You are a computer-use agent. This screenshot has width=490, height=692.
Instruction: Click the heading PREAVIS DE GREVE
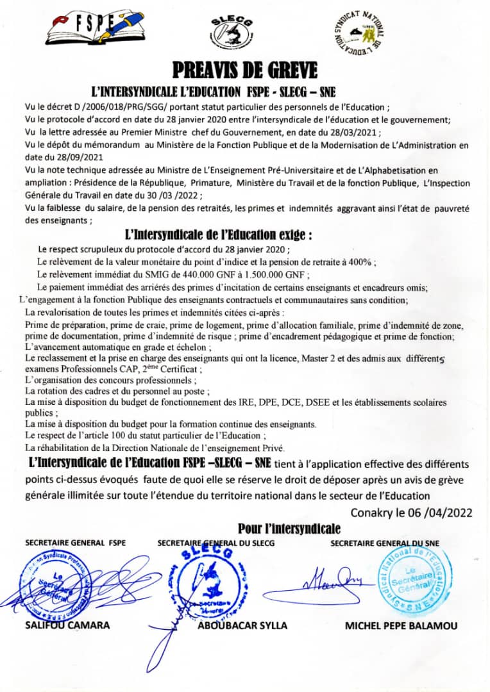(245, 68)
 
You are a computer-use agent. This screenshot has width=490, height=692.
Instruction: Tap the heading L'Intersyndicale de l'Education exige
(219, 235)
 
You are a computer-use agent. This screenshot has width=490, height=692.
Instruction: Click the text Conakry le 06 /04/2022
(411, 512)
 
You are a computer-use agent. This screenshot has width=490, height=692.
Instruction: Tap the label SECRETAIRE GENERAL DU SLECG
(216, 543)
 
